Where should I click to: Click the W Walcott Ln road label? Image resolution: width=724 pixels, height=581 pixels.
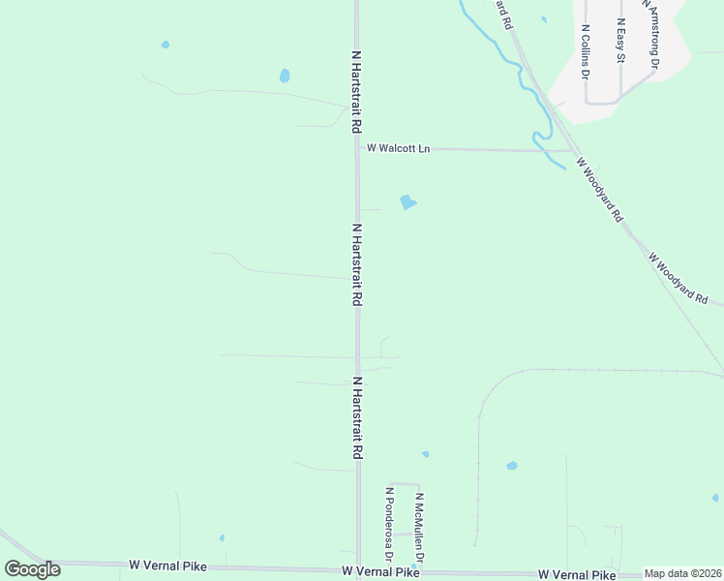[x=398, y=148]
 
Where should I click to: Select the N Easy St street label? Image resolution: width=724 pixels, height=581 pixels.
[x=620, y=41]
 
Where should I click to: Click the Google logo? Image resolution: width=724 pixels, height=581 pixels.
[x=32, y=569]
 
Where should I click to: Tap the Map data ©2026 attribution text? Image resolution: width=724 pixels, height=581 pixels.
[x=682, y=573]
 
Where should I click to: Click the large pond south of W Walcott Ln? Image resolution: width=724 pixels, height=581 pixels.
[x=407, y=202]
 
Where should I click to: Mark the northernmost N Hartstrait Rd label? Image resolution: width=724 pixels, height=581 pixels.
[x=357, y=92]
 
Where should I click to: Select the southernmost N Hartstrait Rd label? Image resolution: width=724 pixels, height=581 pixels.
[x=357, y=418]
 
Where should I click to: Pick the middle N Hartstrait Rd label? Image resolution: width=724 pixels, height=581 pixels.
[x=357, y=265]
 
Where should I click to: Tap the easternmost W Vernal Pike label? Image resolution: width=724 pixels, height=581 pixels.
[x=576, y=574]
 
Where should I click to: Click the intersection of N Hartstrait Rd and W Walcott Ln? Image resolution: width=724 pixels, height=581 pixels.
[x=357, y=148]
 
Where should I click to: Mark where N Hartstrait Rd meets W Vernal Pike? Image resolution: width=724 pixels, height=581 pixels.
[x=357, y=570]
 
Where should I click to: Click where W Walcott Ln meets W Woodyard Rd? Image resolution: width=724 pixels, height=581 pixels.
[x=575, y=151]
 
